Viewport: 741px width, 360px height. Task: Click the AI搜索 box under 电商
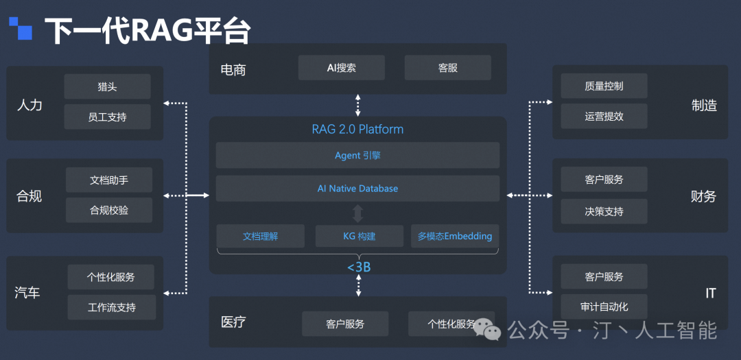pyautogui.click(x=341, y=68)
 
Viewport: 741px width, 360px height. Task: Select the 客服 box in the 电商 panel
pyautogui.click(x=447, y=68)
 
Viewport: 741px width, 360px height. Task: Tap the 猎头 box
pyautogui.click(x=107, y=87)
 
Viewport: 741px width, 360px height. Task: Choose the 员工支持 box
pyautogui.click(x=107, y=117)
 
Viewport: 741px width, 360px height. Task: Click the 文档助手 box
pyautogui.click(x=109, y=180)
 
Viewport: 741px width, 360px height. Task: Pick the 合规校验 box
pyautogui.click(x=109, y=210)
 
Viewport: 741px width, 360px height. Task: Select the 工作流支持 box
pyautogui.click(x=112, y=307)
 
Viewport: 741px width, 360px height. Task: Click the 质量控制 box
pyautogui.click(x=604, y=86)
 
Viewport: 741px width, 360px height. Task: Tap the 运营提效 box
pyautogui.click(x=604, y=117)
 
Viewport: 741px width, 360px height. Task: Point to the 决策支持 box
pyautogui.click(x=604, y=211)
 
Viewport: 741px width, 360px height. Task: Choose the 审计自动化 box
pyautogui.click(x=604, y=307)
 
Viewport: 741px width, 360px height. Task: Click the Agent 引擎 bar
pyautogui.click(x=357, y=156)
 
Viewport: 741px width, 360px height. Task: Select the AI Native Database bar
pyautogui.click(x=357, y=189)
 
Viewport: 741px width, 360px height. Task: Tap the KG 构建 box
pyautogui.click(x=359, y=236)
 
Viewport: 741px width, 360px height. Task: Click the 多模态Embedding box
pyautogui.click(x=454, y=236)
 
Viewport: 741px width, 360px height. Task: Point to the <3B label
pyautogui.click(x=358, y=267)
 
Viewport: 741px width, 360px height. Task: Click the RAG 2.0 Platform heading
pyautogui.click(x=357, y=129)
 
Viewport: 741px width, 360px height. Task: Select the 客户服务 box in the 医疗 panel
pyautogui.click(x=345, y=324)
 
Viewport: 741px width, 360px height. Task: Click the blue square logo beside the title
pyautogui.click(x=21, y=28)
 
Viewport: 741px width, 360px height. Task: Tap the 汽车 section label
pyautogui.click(x=27, y=293)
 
